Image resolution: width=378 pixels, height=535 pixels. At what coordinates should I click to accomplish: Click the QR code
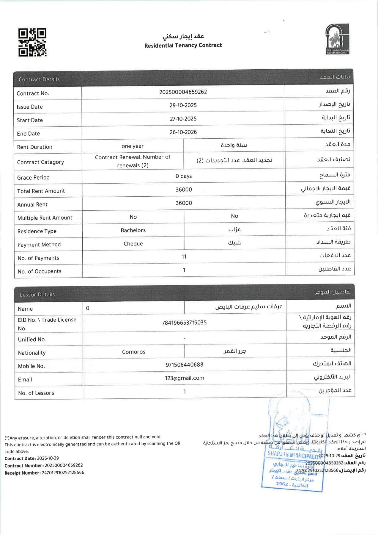(x=32, y=42)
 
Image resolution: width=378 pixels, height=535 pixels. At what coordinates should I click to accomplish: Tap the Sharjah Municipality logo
(x=337, y=39)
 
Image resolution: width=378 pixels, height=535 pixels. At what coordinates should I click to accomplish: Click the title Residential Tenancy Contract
(x=183, y=45)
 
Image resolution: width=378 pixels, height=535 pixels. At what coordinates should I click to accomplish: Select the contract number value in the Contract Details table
(x=183, y=92)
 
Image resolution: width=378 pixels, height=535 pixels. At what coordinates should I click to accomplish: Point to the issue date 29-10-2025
(x=183, y=105)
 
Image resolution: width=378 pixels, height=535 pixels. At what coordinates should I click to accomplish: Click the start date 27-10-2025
(x=183, y=119)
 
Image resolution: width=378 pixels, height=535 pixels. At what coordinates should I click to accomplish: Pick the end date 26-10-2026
(x=183, y=132)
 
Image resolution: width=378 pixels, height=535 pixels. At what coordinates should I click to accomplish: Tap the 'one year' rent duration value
(x=133, y=146)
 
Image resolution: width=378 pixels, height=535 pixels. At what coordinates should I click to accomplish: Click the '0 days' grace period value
(x=184, y=176)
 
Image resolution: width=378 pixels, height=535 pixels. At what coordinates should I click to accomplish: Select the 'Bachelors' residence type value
(x=133, y=230)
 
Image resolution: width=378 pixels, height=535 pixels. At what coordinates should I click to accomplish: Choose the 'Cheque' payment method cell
(x=133, y=244)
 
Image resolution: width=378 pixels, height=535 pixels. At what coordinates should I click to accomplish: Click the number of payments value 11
(x=184, y=256)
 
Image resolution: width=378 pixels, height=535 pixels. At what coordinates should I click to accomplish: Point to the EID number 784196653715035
(x=184, y=323)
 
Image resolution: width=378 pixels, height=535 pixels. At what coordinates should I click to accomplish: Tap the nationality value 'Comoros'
(x=134, y=352)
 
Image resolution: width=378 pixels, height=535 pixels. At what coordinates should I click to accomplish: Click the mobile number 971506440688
(x=185, y=365)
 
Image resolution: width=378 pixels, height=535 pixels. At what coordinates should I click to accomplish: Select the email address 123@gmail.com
(x=185, y=378)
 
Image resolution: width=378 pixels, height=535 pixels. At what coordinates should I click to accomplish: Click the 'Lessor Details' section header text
(x=37, y=295)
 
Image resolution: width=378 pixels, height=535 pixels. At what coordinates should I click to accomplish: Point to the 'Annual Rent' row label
(x=32, y=204)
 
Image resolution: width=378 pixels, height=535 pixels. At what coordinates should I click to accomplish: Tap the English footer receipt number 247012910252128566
(x=63, y=473)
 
